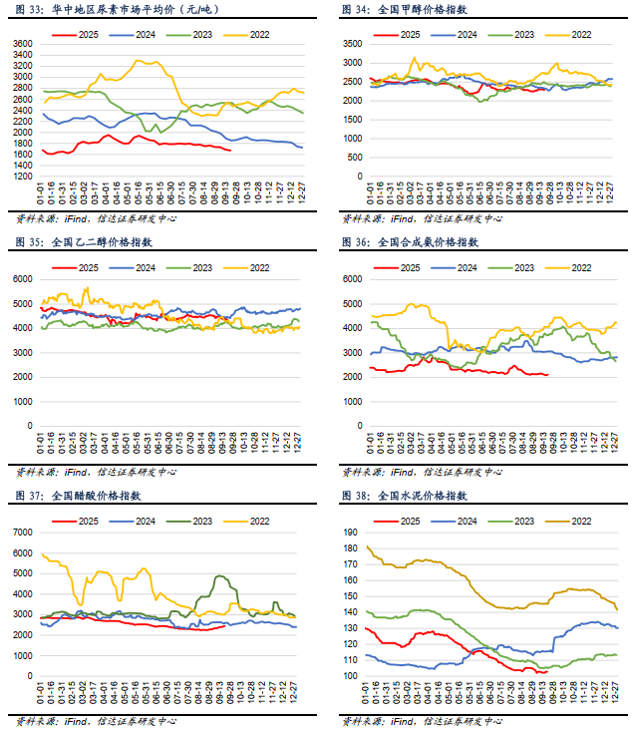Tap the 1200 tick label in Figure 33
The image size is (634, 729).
pyautogui.click(x=22, y=177)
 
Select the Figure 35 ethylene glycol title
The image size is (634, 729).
pyautogui.click(x=84, y=241)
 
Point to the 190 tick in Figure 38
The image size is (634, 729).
pyautogui.click(x=351, y=532)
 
